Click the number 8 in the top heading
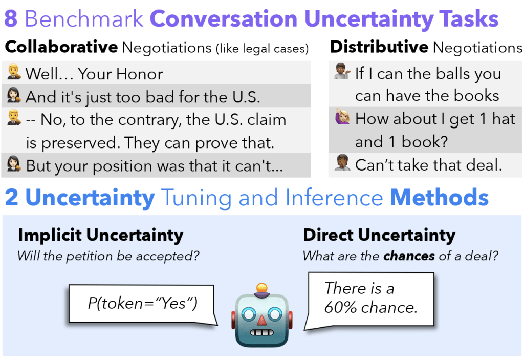click(x=11, y=19)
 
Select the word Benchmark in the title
click(x=84, y=19)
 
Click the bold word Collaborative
click(x=61, y=47)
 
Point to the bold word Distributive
click(x=379, y=47)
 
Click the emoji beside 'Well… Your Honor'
click(x=14, y=72)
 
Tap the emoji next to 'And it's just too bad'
click(x=14, y=95)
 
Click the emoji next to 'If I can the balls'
click(x=342, y=71)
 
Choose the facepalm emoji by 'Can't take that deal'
click(x=343, y=162)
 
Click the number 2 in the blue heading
click(x=12, y=197)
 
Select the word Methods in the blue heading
click(x=440, y=197)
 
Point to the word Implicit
click(x=50, y=235)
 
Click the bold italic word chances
click(x=409, y=256)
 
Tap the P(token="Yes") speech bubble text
click(x=143, y=304)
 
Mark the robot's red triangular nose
click(x=261, y=320)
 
